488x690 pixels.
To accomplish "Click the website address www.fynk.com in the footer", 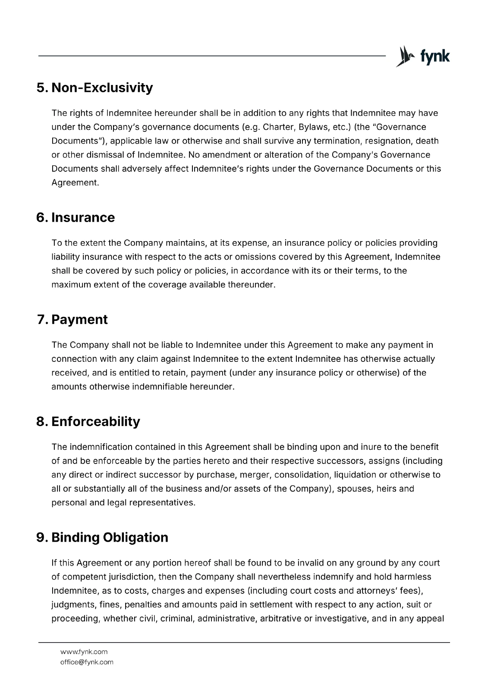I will click(x=84, y=652).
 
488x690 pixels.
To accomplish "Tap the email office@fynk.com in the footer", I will click(x=87, y=662).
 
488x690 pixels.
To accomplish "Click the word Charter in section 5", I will click(x=275, y=127).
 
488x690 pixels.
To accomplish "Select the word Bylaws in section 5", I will click(x=311, y=127).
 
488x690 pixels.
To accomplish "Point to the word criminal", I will click(x=178, y=618).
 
